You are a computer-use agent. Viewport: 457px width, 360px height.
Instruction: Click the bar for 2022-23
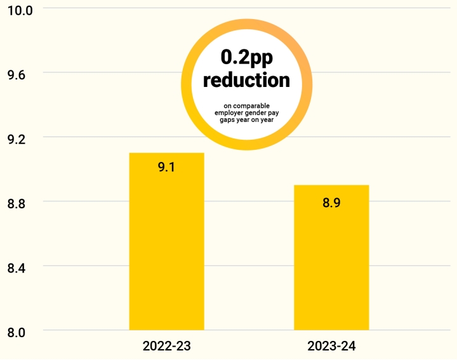[166, 254]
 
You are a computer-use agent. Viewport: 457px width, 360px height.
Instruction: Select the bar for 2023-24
[331, 267]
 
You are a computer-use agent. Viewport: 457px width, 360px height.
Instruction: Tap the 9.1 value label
[166, 168]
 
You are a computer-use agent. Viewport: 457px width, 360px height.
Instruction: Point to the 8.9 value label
[331, 203]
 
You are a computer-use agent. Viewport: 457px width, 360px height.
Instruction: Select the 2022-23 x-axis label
[166, 347]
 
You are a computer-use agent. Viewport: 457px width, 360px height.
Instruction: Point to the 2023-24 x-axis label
[331, 347]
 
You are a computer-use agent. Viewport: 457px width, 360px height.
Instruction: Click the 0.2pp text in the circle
[246, 58]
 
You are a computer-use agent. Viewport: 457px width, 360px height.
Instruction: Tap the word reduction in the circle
[246, 81]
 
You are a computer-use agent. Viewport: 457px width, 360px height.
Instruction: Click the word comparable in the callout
[251, 105]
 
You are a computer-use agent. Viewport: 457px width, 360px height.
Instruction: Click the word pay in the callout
[274, 112]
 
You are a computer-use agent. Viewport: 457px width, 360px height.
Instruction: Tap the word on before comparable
[227, 105]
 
